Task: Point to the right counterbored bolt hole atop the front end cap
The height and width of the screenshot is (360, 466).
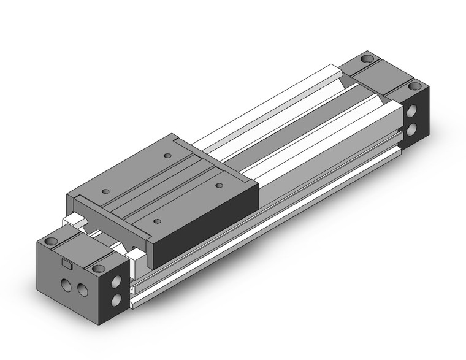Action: point(97,268)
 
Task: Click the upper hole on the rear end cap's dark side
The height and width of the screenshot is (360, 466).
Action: point(411,113)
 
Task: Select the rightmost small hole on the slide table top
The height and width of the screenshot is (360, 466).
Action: point(218,184)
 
